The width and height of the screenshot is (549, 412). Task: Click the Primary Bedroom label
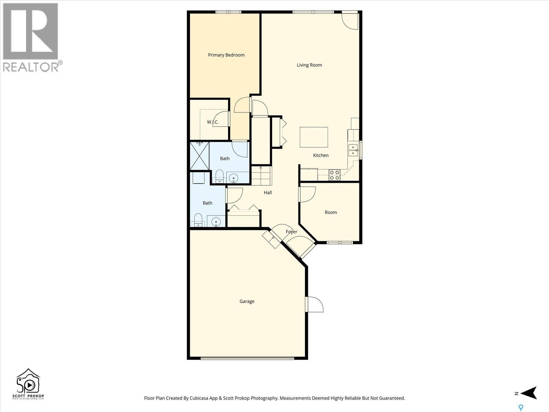click(x=226, y=55)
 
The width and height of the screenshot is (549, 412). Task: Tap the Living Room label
click(x=309, y=65)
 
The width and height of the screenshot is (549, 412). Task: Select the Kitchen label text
click(x=321, y=155)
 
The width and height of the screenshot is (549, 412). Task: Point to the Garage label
click(x=247, y=301)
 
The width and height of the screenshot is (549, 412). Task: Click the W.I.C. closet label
click(x=213, y=122)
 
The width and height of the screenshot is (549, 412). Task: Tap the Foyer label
click(x=291, y=232)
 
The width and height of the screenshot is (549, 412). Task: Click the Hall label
click(x=268, y=193)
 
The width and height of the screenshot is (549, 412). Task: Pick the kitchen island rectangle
click(x=314, y=137)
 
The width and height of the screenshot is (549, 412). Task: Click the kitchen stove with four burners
click(x=334, y=175)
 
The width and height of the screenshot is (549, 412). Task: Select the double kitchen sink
click(x=352, y=150)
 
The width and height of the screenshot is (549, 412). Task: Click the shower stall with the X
click(x=199, y=156)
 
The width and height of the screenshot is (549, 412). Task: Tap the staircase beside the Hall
click(x=261, y=176)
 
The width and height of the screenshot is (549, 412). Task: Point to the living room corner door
click(x=350, y=21)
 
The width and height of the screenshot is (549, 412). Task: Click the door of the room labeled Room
click(x=307, y=194)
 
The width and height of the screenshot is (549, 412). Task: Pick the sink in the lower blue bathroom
click(x=216, y=222)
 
